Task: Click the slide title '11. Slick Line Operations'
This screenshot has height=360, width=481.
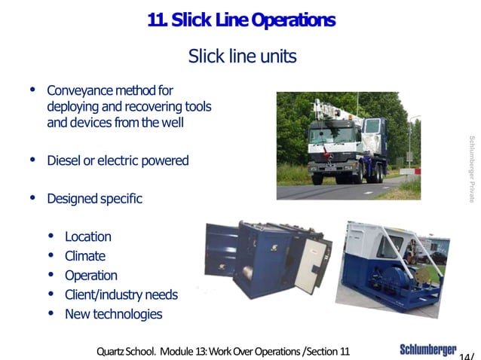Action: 241,21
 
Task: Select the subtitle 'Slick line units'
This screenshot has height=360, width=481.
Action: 241,56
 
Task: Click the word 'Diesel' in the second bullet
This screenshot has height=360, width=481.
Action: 63,160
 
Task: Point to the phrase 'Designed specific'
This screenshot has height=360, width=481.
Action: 94,199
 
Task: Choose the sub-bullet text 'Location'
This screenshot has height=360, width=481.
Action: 87,236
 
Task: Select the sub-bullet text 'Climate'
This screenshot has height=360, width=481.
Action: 84,256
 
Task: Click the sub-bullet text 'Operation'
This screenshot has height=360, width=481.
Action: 90,275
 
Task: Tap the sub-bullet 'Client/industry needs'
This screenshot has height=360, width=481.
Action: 121,294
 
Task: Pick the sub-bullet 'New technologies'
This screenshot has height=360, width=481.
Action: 113,314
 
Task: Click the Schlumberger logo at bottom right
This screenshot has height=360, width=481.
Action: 427,349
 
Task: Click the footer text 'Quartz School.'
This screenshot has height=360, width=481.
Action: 124,351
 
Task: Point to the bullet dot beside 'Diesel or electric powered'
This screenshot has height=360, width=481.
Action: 32,160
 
